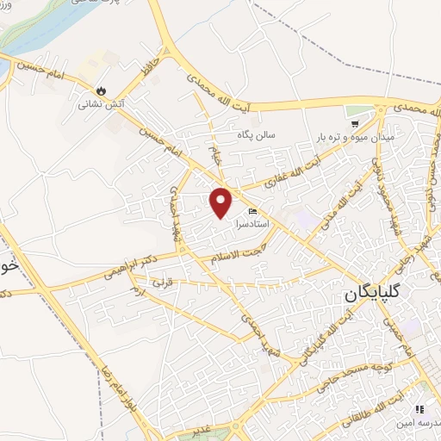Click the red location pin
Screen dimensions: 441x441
click(222, 202)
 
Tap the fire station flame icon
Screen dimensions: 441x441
click(102, 90)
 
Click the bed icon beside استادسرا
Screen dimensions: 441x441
click(252, 211)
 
